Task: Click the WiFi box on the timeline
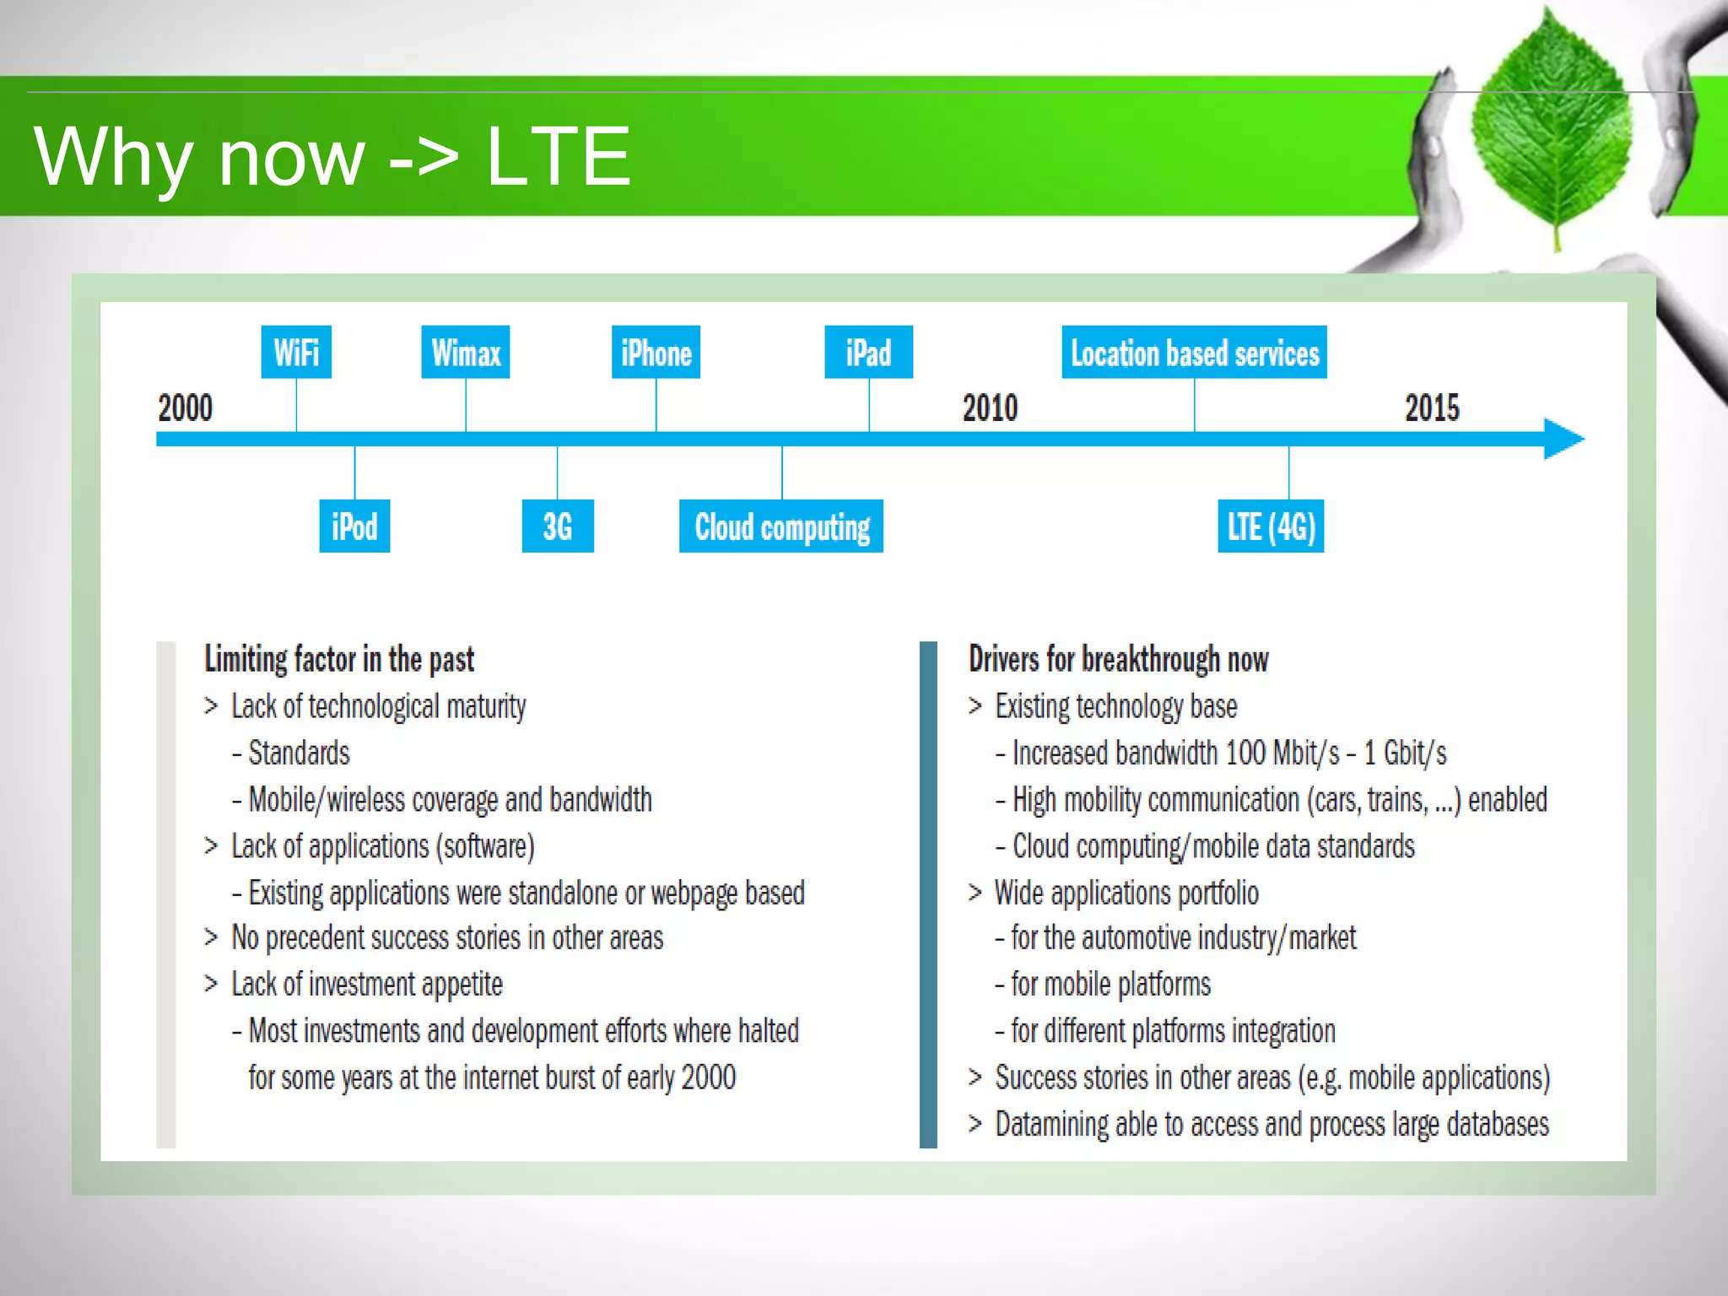point(296,352)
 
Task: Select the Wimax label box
point(465,352)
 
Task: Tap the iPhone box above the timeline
point(656,352)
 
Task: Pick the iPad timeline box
point(868,352)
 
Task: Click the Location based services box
point(1194,352)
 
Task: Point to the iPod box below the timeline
point(354,526)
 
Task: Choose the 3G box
point(558,526)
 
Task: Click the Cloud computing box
point(781,526)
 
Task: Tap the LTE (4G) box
point(1271,526)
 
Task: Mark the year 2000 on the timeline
point(186,408)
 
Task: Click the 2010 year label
point(990,408)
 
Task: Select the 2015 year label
point(1432,408)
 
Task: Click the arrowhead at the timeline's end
point(1563,439)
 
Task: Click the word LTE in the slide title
point(559,156)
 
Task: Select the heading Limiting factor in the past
point(339,659)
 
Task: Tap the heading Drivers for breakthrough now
point(1118,659)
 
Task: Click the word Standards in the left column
point(300,753)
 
